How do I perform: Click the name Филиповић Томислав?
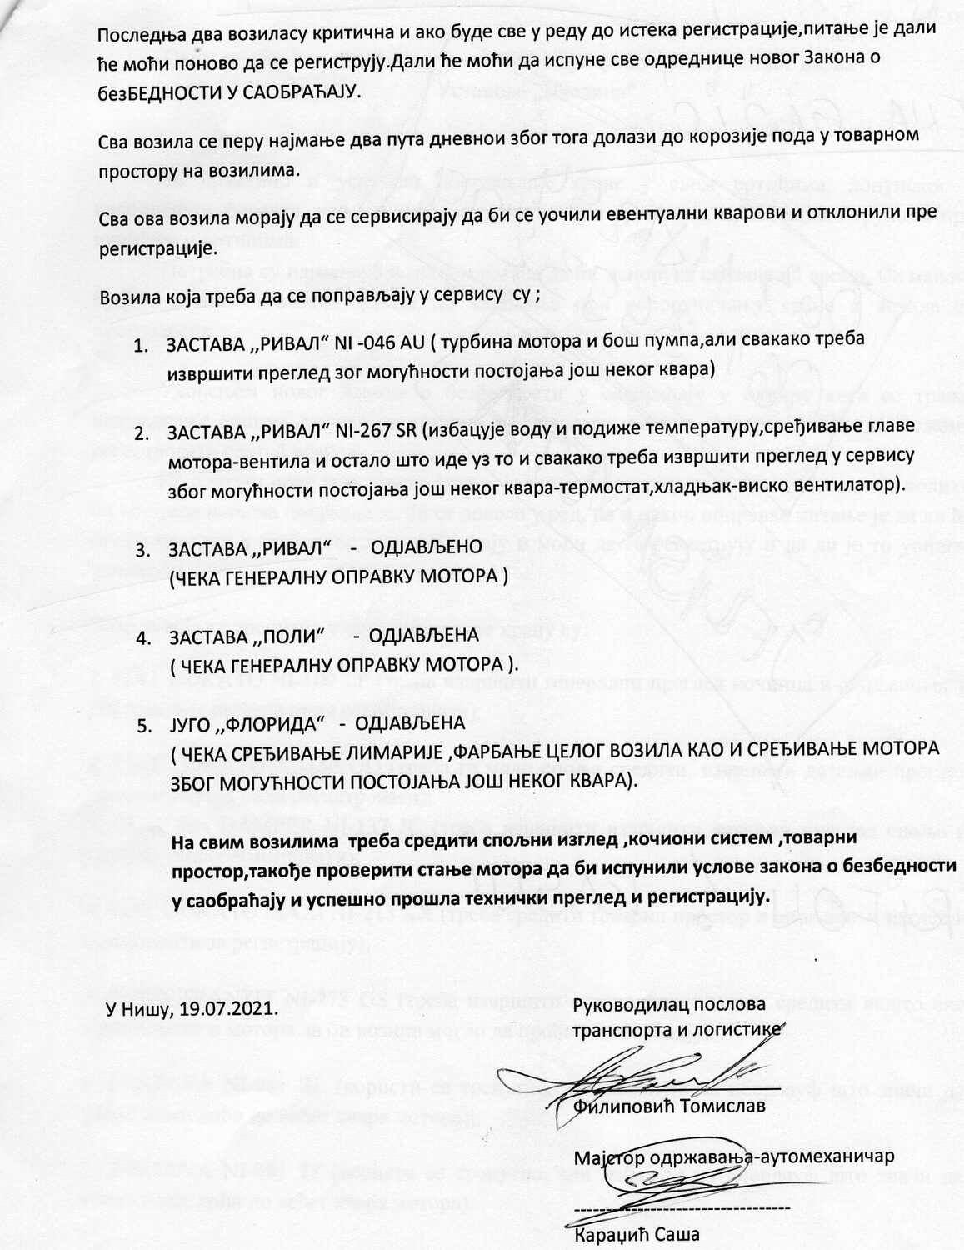[669, 1107]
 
